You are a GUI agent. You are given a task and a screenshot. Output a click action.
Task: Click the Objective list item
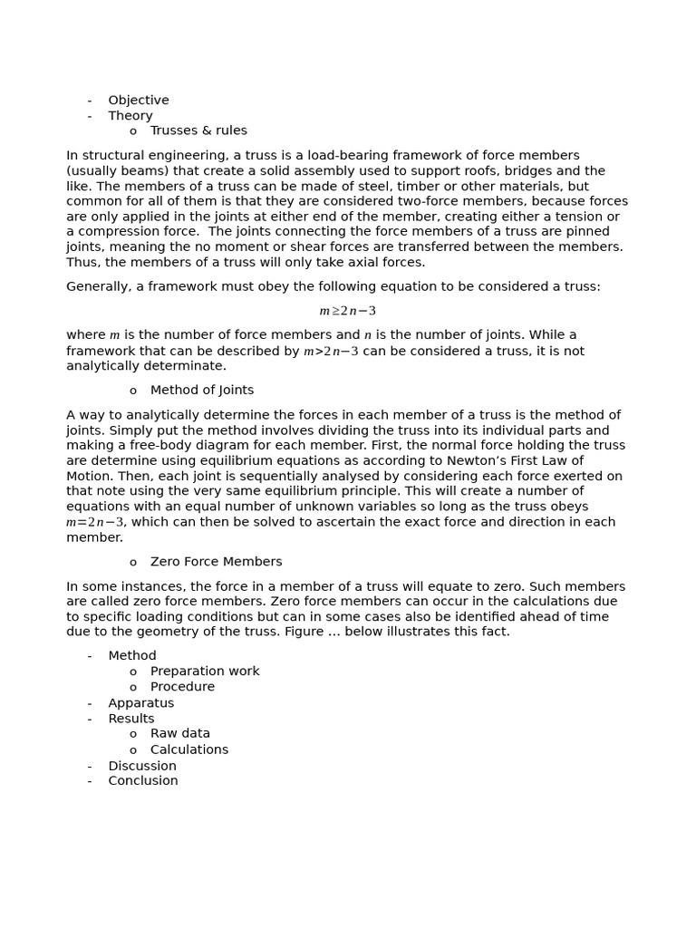pos(138,101)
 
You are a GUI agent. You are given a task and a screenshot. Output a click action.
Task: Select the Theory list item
pos(130,116)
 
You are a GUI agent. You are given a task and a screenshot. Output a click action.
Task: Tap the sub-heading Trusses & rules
pos(198,130)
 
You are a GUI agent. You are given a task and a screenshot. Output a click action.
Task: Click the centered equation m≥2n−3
pos(347,311)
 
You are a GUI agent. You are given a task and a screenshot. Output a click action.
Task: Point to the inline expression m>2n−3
pos(331,352)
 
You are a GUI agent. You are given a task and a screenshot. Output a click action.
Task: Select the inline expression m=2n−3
pos(95,523)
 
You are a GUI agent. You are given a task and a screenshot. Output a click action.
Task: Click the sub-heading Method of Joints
pos(202,391)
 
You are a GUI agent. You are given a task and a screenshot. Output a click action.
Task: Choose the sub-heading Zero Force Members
pos(216,562)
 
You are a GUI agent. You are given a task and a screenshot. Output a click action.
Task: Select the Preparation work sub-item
pos(205,672)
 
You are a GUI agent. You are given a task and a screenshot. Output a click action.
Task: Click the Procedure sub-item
pos(182,687)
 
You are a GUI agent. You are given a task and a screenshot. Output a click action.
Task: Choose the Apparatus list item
pos(140,703)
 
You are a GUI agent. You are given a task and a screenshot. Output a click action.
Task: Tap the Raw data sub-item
pos(180,734)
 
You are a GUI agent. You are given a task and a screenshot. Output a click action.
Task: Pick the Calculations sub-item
pos(189,749)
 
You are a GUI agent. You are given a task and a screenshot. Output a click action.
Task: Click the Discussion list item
pos(142,766)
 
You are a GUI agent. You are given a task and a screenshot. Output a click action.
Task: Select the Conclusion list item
pos(143,781)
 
